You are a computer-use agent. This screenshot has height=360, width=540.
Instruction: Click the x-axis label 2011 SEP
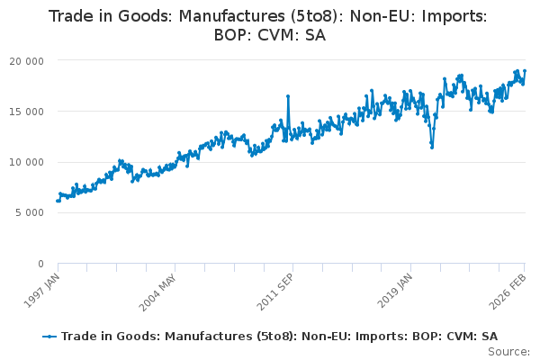click(x=277, y=289)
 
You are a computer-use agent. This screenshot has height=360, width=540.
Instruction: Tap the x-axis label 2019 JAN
click(x=395, y=289)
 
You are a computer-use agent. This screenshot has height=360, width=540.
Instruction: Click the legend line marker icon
click(x=49, y=336)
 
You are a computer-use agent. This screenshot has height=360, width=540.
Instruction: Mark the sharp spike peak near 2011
click(x=287, y=95)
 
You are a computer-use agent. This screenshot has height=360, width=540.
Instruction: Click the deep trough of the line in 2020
click(x=432, y=147)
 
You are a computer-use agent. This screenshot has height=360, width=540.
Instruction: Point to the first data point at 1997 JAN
click(x=58, y=201)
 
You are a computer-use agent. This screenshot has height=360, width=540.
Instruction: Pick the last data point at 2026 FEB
click(x=525, y=71)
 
